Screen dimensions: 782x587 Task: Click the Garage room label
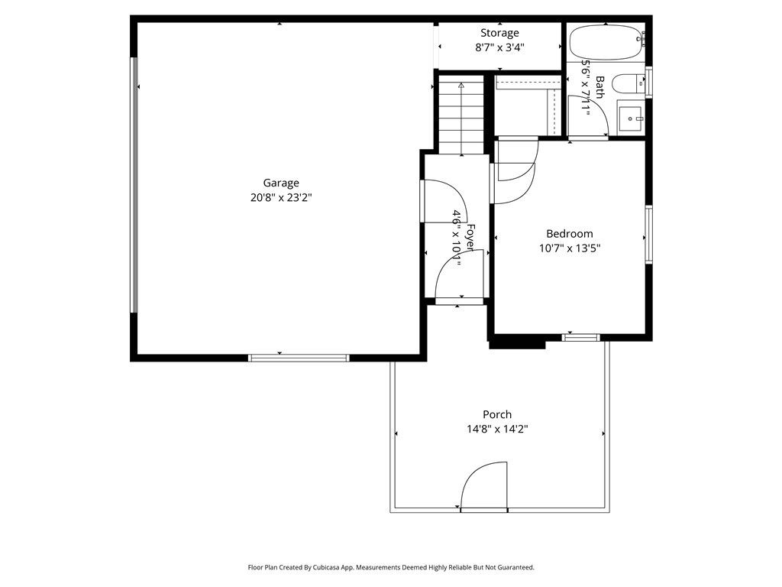tap(281, 183)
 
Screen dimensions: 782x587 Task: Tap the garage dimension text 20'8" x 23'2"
tap(281, 198)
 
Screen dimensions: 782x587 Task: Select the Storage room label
tap(499, 34)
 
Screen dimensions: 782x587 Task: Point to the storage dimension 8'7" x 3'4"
tap(499, 48)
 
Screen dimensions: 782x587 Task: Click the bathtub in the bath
tap(606, 42)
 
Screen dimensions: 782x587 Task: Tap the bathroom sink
tap(631, 118)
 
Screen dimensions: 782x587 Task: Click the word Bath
tap(599, 86)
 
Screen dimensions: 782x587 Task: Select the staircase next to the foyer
tap(461, 116)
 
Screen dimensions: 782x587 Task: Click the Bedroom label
tap(570, 234)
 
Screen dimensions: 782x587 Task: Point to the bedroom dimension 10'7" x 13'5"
tap(570, 248)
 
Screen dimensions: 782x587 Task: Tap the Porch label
tap(496, 414)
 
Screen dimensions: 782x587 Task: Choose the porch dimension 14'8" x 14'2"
tap(496, 429)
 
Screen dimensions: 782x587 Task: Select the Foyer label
tap(470, 236)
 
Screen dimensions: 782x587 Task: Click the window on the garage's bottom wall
tap(299, 358)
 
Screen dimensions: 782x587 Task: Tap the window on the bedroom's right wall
tap(649, 235)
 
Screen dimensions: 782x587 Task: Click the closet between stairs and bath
tap(528, 105)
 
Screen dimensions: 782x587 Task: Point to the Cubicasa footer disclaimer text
tap(391, 568)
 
